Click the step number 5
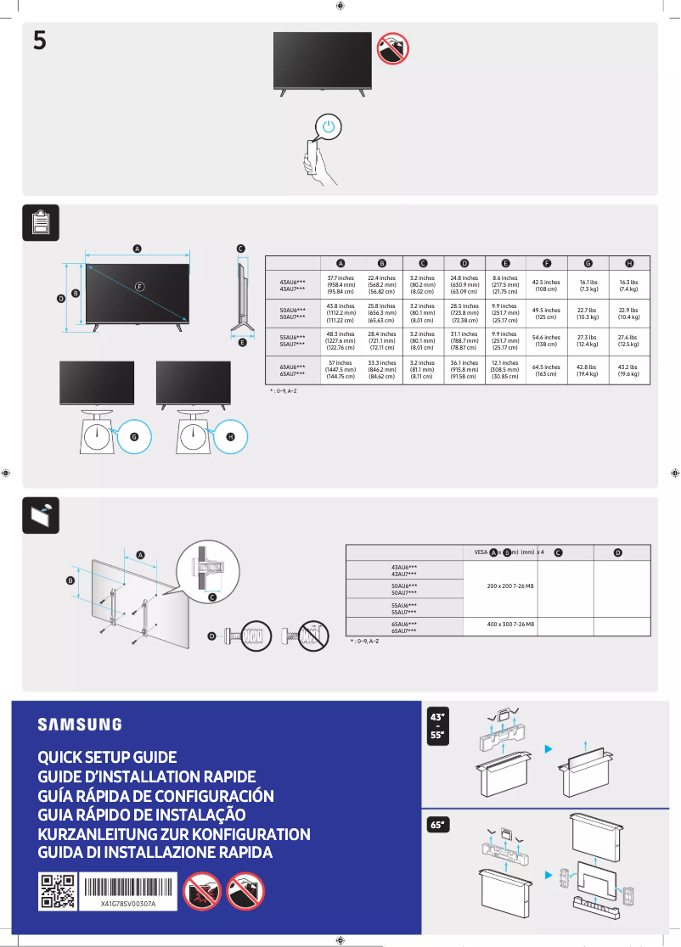[40, 40]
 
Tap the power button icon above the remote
[331, 127]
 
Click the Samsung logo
[79, 724]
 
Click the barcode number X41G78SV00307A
[128, 904]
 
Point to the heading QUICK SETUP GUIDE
[107, 757]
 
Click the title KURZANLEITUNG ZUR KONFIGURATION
[174, 834]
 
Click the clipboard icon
[40, 222]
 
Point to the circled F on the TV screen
[139, 285]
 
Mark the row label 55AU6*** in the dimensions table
[292, 337]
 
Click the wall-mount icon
[40, 515]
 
